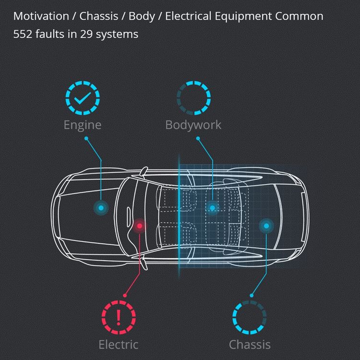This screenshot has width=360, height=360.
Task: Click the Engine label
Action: [x=83, y=125]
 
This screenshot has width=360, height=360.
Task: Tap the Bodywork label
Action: [x=193, y=125]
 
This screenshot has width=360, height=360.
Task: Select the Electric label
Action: [x=119, y=344]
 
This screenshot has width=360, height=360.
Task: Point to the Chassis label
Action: [x=250, y=344]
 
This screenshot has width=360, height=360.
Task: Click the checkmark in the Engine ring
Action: [x=83, y=98]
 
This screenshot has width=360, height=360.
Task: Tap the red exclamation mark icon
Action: [x=119, y=317]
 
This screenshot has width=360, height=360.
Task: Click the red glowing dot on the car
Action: [x=140, y=226]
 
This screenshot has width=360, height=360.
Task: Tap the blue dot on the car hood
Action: [x=101, y=208]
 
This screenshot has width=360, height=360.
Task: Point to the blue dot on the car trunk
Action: [x=266, y=226]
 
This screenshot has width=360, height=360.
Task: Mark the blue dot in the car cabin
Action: [x=212, y=208]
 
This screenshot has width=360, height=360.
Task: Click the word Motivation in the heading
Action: [x=41, y=16]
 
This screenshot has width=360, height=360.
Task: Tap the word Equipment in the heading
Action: [x=243, y=16]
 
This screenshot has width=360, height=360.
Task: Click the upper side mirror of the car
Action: [x=144, y=171]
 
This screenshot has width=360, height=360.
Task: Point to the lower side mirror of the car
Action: [x=144, y=264]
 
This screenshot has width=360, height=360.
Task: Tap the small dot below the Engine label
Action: [x=86, y=138]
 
